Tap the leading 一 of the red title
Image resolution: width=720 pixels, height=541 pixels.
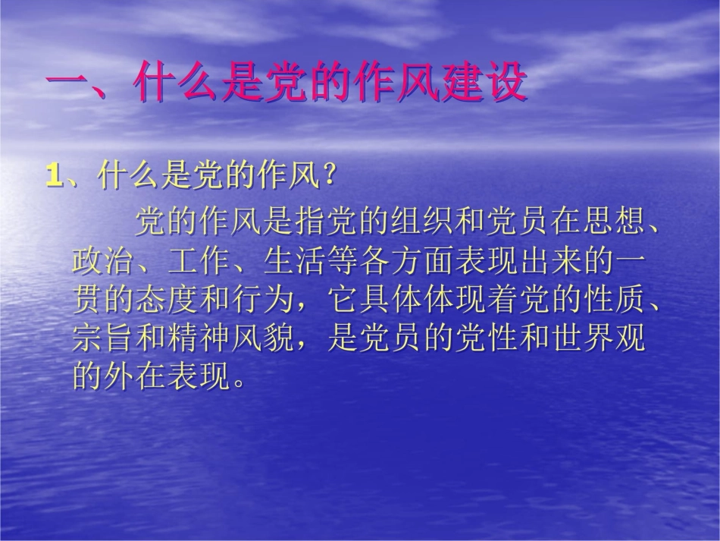[73, 83]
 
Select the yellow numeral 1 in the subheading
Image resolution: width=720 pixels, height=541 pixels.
[53, 177]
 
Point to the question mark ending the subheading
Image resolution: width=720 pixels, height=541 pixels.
[327, 177]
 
